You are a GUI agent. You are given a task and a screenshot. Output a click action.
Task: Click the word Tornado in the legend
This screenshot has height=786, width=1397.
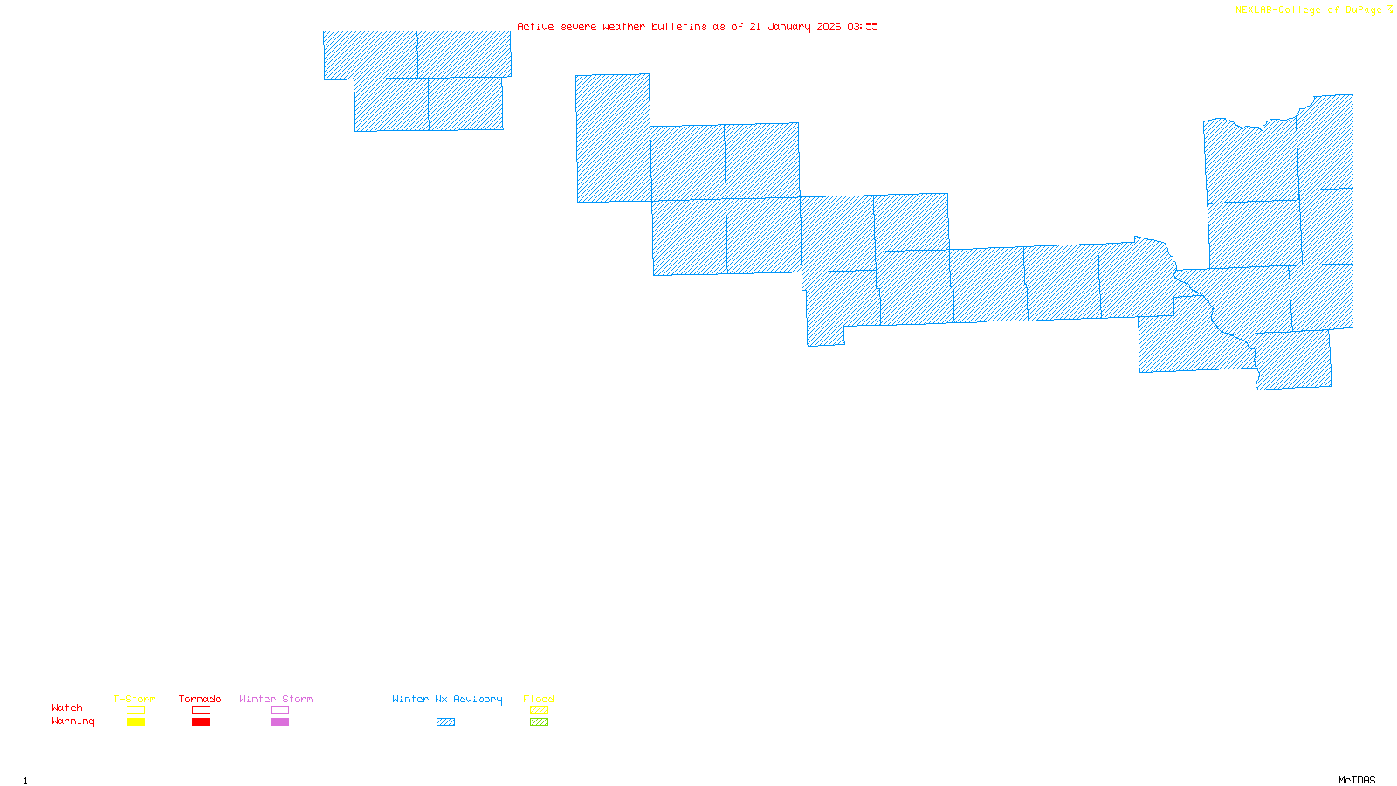(200, 699)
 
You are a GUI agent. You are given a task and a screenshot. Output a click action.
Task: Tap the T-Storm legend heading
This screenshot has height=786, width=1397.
(134, 699)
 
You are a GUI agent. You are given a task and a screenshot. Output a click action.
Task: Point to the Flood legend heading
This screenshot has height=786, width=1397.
(539, 699)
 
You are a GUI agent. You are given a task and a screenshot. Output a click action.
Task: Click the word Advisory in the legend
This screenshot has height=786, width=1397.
(478, 699)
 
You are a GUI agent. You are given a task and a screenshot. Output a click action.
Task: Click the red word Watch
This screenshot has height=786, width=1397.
(67, 707)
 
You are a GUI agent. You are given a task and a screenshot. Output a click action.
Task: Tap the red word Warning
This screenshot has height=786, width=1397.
(73, 721)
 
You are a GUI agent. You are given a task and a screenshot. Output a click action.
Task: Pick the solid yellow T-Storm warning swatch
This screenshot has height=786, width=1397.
(135, 722)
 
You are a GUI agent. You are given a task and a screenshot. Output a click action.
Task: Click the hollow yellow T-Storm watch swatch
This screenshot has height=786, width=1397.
(135, 710)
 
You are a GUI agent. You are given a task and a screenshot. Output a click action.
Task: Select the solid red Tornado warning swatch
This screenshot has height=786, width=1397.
(201, 722)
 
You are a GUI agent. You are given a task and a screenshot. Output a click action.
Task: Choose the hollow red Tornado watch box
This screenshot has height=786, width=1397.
(201, 710)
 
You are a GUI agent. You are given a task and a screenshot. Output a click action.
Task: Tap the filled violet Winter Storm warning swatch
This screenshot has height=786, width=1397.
(279, 722)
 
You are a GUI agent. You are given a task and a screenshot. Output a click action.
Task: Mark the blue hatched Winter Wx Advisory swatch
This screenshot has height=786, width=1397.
(445, 722)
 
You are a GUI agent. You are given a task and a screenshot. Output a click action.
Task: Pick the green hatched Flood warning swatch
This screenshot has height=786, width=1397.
(539, 722)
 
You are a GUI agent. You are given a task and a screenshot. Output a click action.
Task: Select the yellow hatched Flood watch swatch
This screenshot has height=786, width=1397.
(539, 710)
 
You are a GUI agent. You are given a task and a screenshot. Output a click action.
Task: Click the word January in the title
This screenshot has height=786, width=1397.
(789, 26)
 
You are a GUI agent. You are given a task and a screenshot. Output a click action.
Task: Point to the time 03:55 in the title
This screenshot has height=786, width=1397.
(863, 26)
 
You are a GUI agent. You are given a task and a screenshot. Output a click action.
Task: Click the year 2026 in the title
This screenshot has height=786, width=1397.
(829, 26)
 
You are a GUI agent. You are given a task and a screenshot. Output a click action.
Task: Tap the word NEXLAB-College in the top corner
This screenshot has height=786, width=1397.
(1278, 10)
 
